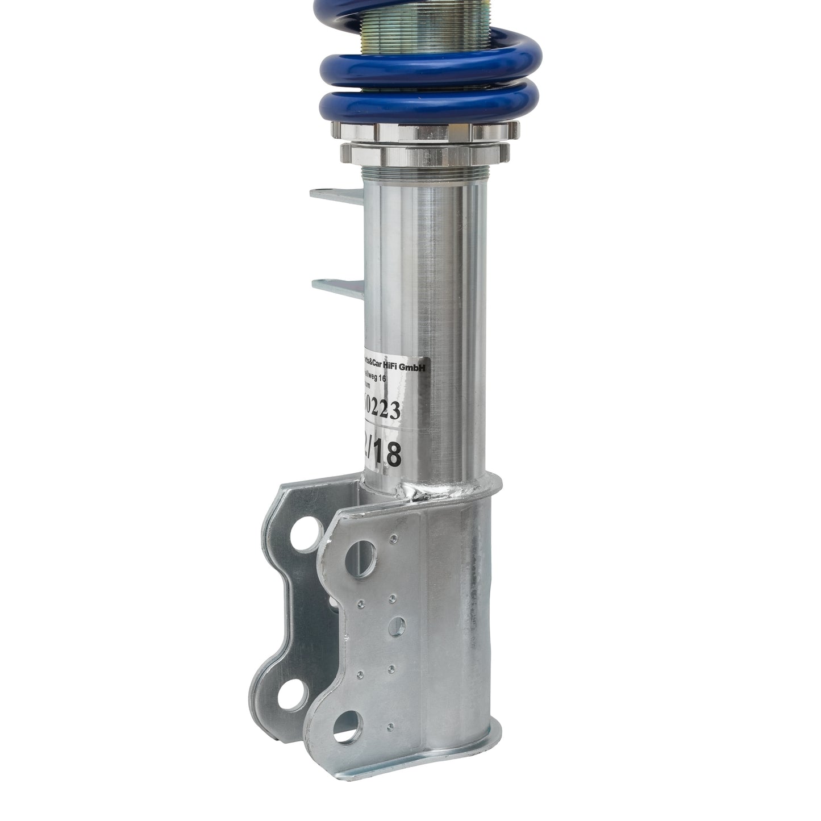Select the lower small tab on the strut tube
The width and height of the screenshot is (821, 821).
[x=331, y=285]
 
